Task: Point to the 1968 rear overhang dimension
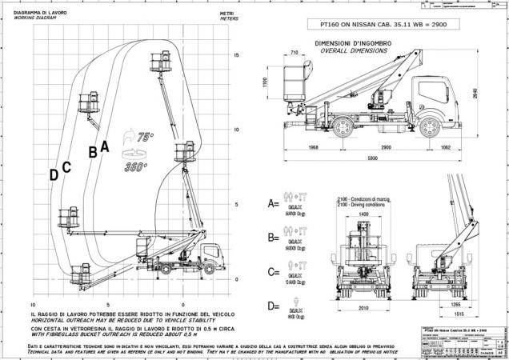314,148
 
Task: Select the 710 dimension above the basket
296,52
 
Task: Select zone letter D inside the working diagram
54,174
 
